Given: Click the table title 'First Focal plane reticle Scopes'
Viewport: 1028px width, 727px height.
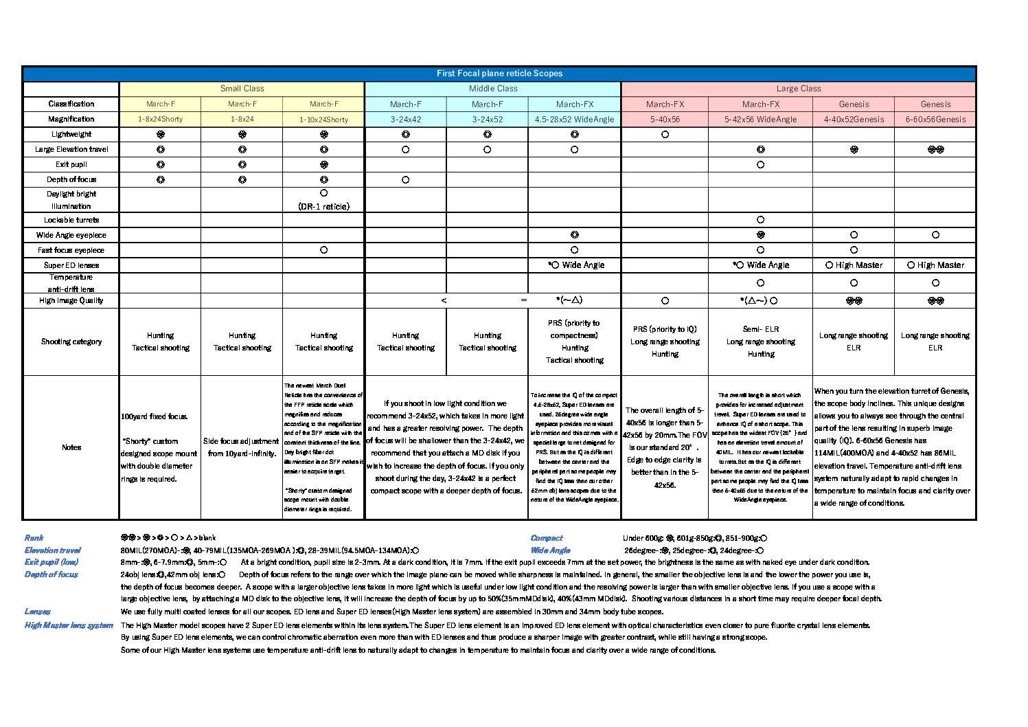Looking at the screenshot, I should point(499,74).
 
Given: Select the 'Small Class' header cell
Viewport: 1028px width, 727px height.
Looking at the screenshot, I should point(242,89).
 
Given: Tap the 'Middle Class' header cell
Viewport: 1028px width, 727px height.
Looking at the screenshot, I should point(492,89).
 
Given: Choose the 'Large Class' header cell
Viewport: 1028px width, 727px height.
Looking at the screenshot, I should point(798,89).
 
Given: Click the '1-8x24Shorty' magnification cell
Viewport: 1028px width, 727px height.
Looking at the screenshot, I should point(160,120).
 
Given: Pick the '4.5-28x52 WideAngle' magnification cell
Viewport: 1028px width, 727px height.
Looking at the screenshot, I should point(574,120).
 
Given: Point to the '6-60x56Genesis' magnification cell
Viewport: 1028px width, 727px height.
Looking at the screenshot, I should point(935,120).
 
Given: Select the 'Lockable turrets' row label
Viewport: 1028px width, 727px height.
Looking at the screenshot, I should point(71,221).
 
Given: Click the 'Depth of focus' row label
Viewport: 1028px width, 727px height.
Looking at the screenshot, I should point(71,179).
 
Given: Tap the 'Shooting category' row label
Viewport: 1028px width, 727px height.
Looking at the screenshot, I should point(71,342).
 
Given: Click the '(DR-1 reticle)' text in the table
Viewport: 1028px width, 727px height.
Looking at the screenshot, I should point(323,206).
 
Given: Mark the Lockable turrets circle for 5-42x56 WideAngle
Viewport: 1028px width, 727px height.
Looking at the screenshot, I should point(760,220).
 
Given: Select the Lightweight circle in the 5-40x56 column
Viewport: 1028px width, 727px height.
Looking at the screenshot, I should point(665,135).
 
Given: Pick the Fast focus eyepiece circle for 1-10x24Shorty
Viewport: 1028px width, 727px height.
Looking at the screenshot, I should point(323,250).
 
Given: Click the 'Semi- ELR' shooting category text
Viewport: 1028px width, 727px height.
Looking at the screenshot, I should point(761,329).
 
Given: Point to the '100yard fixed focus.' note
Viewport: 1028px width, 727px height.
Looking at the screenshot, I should point(155,416).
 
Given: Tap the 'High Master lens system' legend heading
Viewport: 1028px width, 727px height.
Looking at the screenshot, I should point(69,625).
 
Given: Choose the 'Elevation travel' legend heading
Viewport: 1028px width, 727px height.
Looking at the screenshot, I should point(53,550).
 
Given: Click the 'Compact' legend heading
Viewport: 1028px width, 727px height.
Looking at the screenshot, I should point(547,538).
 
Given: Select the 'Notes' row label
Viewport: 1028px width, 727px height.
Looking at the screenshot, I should point(71,447).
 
